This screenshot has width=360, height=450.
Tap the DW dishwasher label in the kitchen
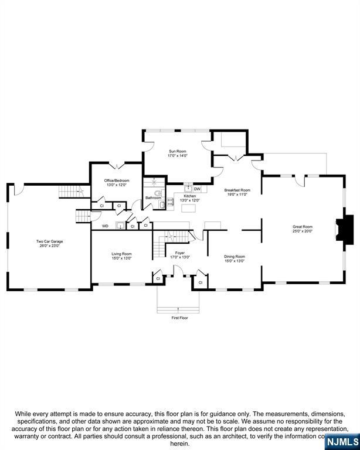[x=197, y=189]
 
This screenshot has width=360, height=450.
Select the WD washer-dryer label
[x=106, y=226]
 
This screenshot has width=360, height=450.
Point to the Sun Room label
[x=178, y=151]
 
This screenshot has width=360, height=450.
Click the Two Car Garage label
[x=49, y=241]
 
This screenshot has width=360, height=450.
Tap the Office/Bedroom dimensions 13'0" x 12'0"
[x=117, y=185]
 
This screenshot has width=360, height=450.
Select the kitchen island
[x=189, y=209]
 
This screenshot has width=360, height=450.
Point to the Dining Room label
[x=235, y=256]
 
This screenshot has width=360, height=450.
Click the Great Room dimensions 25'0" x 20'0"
[x=303, y=231]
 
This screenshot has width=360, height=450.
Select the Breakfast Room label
[x=237, y=190]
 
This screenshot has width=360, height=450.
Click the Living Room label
[x=122, y=254]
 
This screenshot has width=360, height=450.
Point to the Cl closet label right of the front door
[x=200, y=282]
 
